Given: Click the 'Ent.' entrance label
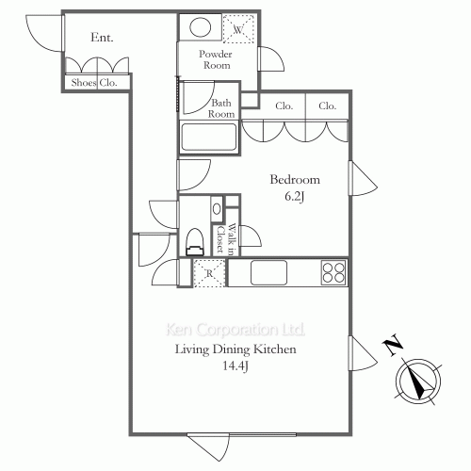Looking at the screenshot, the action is pyautogui.click(x=102, y=38).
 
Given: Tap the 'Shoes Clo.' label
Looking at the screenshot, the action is pyautogui.click(x=94, y=83).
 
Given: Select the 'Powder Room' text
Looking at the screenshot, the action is pyautogui.click(x=216, y=59).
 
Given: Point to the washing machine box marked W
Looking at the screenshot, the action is pyautogui.click(x=238, y=29).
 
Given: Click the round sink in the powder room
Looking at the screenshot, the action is pyautogui.click(x=200, y=27).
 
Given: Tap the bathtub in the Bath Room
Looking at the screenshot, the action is pyautogui.click(x=209, y=137).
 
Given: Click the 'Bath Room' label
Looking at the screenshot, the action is pyautogui.click(x=221, y=108).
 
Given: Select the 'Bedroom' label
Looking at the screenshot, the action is pyautogui.click(x=295, y=180).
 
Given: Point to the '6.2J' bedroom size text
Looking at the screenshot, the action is pyautogui.click(x=295, y=197).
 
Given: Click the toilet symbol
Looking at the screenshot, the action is pyautogui.click(x=195, y=242).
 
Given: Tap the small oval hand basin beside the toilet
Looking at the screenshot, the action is pyautogui.click(x=217, y=208).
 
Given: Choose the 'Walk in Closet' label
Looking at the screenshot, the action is pyautogui.click(x=226, y=238).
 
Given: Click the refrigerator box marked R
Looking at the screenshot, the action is pyautogui.click(x=209, y=273).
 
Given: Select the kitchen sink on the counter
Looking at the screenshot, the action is pyautogui.click(x=268, y=272).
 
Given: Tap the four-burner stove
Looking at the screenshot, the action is pyautogui.click(x=333, y=273).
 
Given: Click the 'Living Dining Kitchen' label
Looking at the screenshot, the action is pyautogui.click(x=235, y=349).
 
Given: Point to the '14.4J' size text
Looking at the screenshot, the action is pyautogui.click(x=235, y=365).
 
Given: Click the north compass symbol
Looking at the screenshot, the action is pyautogui.click(x=418, y=381).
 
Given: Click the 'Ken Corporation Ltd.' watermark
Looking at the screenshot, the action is pyautogui.click(x=235, y=330).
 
